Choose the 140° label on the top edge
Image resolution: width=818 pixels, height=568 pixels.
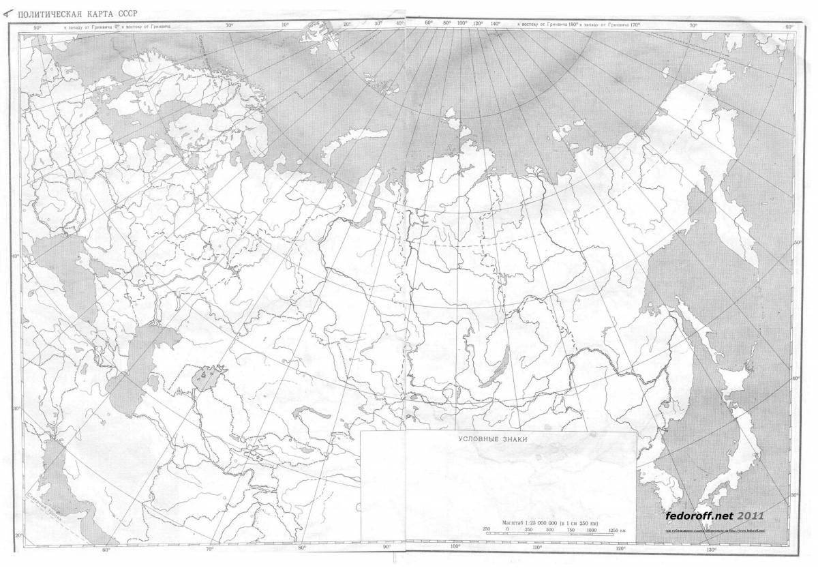coord(495,24)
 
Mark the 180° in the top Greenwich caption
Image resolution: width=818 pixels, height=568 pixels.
coord(575,24)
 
